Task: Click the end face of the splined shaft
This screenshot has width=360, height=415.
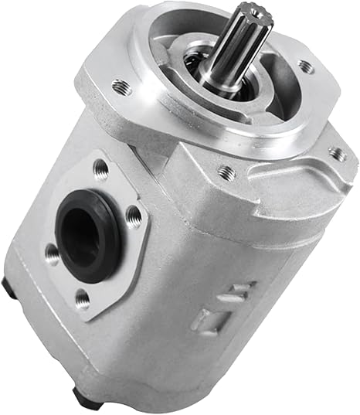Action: (x=256, y=22)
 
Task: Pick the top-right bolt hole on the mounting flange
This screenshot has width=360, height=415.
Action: (x=306, y=66)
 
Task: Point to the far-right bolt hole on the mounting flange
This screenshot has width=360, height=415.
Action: (x=338, y=154)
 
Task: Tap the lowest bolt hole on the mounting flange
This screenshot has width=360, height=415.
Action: (x=226, y=172)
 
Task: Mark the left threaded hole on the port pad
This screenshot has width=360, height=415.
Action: (x=53, y=251)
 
